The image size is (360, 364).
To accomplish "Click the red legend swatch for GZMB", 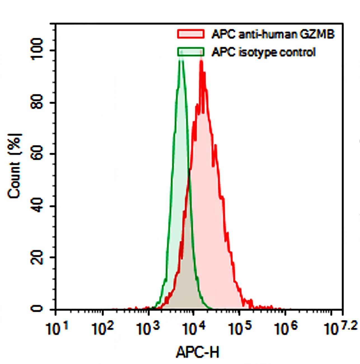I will tap(190, 34).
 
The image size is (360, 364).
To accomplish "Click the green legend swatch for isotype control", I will tap(190, 52).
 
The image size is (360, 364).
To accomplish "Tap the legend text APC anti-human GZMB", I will tap(273, 34).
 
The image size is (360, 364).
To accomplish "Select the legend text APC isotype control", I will tap(263, 52).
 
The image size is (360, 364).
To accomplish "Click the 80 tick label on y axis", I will tap(38, 102).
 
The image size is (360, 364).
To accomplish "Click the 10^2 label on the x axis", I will tap(103, 328).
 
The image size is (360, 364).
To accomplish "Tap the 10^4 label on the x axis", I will tap(194, 328).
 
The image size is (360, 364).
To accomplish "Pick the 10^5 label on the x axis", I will tap(239, 328).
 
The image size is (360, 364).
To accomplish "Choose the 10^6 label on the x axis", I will tap(285, 328).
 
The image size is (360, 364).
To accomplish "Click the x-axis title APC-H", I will tap(198, 352).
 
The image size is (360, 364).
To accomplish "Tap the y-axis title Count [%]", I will tap(15, 166).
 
